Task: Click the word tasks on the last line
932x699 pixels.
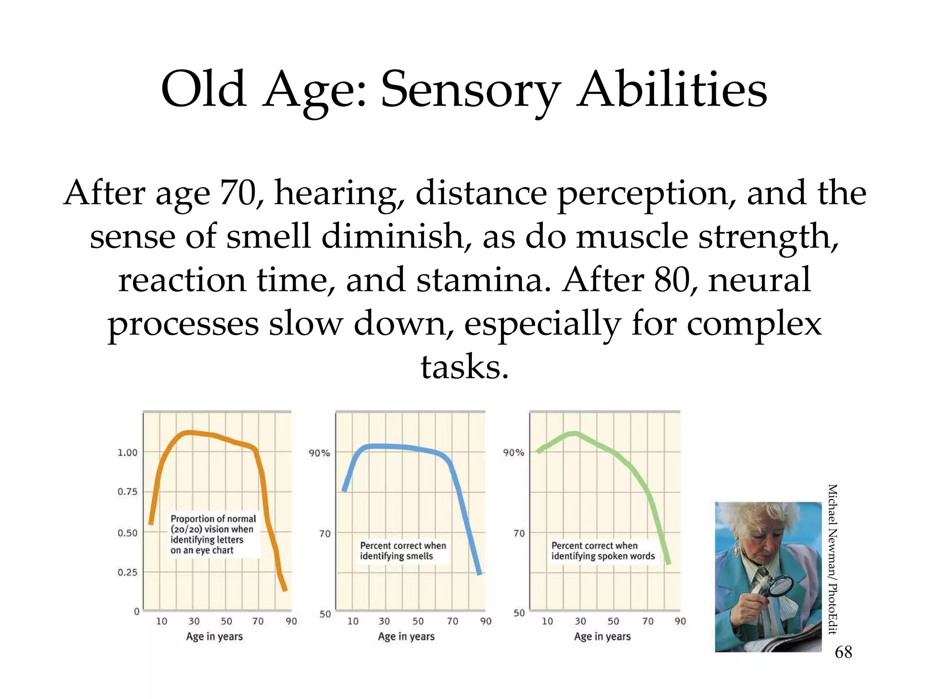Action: point(464,367)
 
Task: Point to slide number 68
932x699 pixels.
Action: point(843,652)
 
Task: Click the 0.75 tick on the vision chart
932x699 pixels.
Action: point(127,491)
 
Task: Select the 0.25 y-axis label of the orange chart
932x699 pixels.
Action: point(127,572)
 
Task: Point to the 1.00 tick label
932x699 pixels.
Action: point(127,452)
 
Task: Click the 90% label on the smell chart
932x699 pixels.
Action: point(319,453)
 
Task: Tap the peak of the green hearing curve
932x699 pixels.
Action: point(574,433)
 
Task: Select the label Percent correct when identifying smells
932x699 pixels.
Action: point(402,551)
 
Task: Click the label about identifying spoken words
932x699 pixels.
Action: point(603,551)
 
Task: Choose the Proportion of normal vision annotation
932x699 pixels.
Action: point(213,534)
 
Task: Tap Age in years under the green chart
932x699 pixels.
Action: point(602,636)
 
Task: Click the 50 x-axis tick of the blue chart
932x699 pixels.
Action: point(418,621)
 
